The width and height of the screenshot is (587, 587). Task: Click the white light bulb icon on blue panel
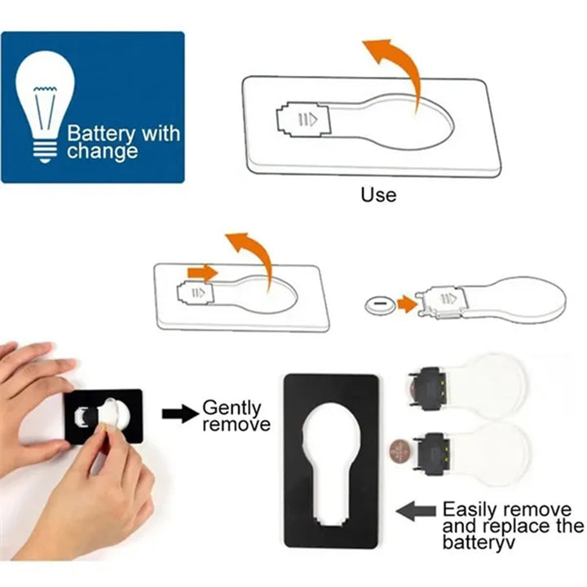(x=45, y=105)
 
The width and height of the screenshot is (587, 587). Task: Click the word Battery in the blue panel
(x=101, y=134)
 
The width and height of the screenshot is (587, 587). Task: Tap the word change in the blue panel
(x=102, y=152)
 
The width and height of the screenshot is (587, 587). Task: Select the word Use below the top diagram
(x=378, y=195)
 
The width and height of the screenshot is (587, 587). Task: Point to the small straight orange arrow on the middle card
(x=202, y=272)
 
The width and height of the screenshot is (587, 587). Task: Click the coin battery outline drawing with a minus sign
(x=380, y=305)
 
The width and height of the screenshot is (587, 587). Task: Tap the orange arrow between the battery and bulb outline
(x=408, y=303)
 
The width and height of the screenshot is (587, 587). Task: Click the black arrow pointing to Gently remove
(x=180, y=413)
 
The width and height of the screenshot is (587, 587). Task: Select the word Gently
(x=232, y=408)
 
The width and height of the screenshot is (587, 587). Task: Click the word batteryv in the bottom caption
(x=479, y=542)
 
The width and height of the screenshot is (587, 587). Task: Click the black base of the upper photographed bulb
(x=430, y=390)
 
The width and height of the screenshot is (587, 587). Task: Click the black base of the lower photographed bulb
(x=431, y=454)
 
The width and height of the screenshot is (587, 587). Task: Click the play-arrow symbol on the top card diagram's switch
(x=308, y=120)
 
